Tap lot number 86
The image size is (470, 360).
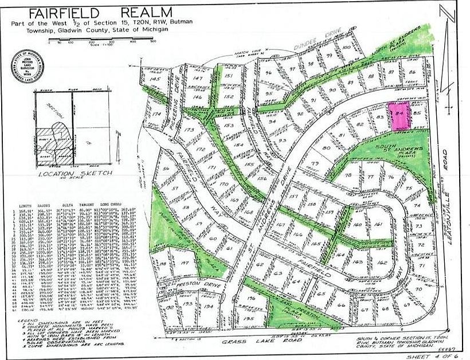(412, 72)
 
